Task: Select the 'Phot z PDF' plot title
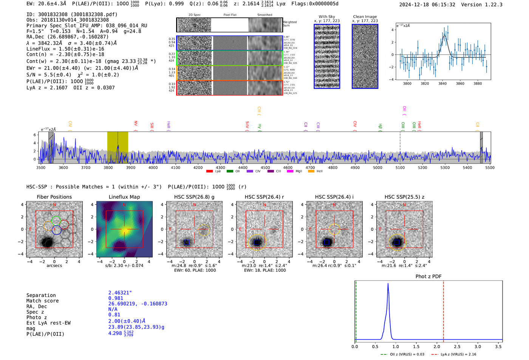coord(428,276)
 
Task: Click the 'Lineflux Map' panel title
coord(124,197)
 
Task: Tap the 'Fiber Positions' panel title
coord(54,197)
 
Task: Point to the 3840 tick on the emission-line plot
coord(442,83)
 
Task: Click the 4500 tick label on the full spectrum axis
coord(265,167)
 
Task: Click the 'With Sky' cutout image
coord(327,56)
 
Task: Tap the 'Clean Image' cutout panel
coord(365,56)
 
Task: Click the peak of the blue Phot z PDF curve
coord(388,284)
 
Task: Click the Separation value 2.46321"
coord(120,293)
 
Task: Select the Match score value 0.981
coord(116,298)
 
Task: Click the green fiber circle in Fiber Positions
coord(56,220)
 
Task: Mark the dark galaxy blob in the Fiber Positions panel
coord(47,242)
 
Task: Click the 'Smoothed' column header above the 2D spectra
coord(264,15)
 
